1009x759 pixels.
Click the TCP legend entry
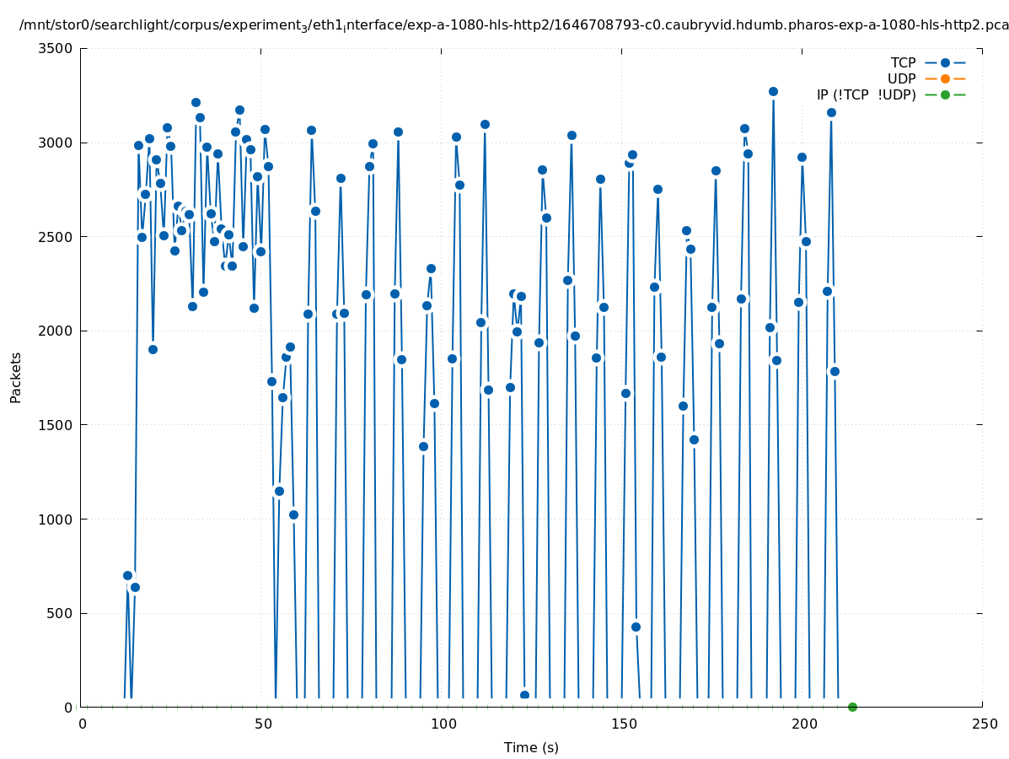coord(903,62)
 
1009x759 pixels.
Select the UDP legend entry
coord(901,78)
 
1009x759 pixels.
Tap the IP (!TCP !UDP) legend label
coord(866,94)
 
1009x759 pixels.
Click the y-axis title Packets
coord(16,377)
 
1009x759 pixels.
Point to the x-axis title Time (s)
coord(531,747)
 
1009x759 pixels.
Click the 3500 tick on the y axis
coord(56,48)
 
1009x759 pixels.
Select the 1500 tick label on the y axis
coord(56,425)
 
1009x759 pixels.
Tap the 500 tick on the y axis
coord(60,613)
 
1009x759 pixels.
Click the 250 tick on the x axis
coord(983,724)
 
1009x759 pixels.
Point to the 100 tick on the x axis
coord(442,724)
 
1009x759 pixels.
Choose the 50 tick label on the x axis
coord(261,724)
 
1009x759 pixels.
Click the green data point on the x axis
coord(852,707)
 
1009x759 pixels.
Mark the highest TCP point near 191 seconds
coord(773,91)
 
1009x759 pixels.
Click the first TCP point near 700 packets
coord(127,575)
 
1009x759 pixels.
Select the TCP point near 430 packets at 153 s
coord(636,627)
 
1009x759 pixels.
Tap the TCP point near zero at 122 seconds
coord(524,695)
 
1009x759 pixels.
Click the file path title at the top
coord(514,25)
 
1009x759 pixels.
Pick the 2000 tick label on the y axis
coord(56,331)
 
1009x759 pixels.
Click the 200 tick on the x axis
coord(802,724)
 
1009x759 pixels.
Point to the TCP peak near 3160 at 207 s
coord(831,112)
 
